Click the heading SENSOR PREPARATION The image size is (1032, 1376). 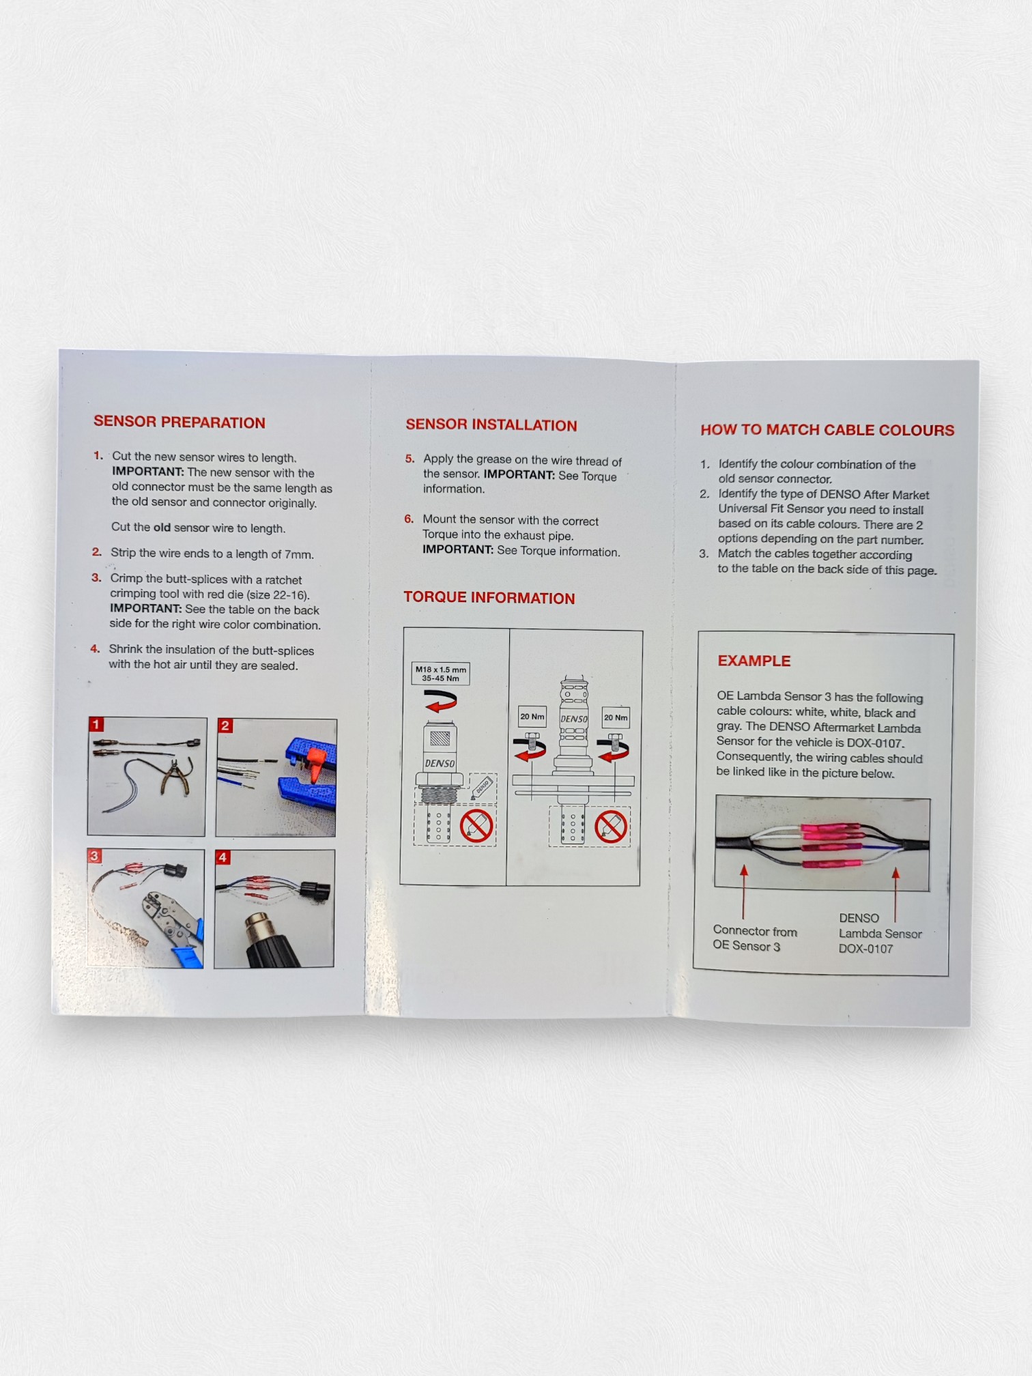coord(180,422)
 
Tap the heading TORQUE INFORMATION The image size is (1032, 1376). coord(489,597)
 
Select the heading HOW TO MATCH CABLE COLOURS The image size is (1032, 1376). coord(827,429)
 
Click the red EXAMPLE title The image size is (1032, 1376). coord(754,661)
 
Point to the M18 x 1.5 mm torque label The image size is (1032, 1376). coord(440,674)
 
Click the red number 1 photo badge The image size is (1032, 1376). coord(97,724)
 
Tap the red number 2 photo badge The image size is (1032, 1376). coord(225,726)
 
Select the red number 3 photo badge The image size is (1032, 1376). coord(95,856)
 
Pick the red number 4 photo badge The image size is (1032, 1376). coord(223,857)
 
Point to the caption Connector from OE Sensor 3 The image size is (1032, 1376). coord(755,938)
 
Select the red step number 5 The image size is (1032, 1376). coord(410,459)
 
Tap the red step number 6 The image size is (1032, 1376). coord(409,519)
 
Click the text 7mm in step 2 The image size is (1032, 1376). coord(299,554)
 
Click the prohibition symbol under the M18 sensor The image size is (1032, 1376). coord(476,827)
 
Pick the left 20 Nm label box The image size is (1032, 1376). coord(532,717)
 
